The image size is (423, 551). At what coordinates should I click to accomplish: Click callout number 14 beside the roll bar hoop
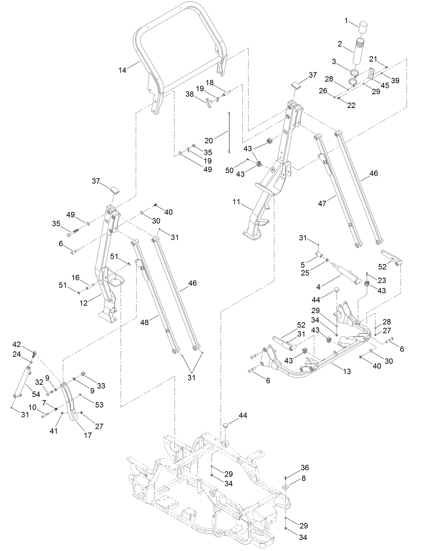point(122,70)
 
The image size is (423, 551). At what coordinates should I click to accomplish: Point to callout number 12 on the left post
point(84,303)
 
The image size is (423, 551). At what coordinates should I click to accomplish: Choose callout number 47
point(322,203)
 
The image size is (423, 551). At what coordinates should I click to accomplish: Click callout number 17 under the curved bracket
point(87,435)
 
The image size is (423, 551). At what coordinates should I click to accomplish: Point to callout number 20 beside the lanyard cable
point(208,140)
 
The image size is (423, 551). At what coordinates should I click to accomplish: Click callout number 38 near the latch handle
point(190,95)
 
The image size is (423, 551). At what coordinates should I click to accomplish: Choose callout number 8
point(303,478)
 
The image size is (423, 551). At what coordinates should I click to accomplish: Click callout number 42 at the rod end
point(17,344)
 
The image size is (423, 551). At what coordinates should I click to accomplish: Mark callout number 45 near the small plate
point(385,85)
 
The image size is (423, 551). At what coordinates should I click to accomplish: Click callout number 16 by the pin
point(76,278)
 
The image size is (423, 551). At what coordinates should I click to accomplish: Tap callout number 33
point(101,386)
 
